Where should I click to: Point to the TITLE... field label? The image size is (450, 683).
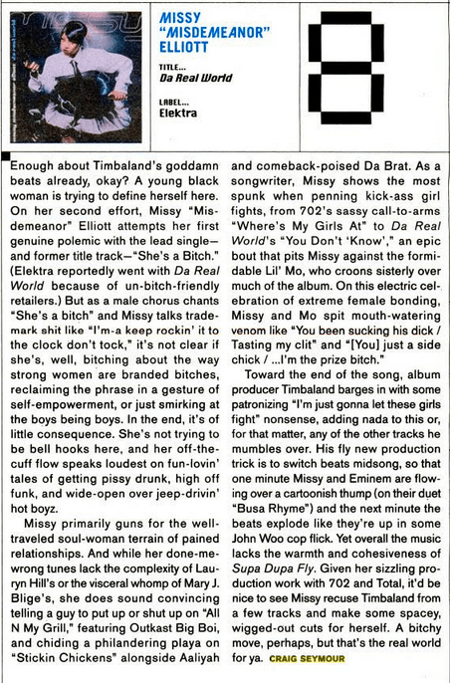(173, 67)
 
